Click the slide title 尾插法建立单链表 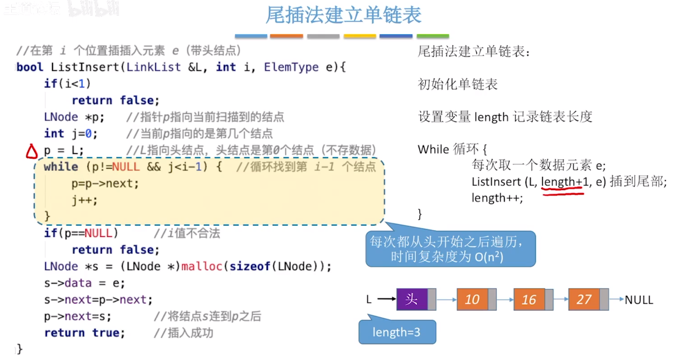(x=343, y=15)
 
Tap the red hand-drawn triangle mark (x=31, y=152)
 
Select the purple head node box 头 (x=412, y=299)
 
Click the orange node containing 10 (x=472, y=299)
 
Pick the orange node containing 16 (x=529, y=299)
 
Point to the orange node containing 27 (x=584, y=299)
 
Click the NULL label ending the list (x=639, y=300)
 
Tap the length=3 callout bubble (x=397, y=332)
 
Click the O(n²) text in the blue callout (x=489, y=257)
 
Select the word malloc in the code (x=202, y=266)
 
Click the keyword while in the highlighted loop (x=61, y=167)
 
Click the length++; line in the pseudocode (x=497, y=198)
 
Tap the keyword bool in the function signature (x=30, y=67)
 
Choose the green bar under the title (x=432, y=36)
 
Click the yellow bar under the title (x=360, y=36)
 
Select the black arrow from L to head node (x=386, y=299)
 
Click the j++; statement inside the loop (x=85, y=200)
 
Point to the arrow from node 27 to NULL (x=616, y=299)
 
